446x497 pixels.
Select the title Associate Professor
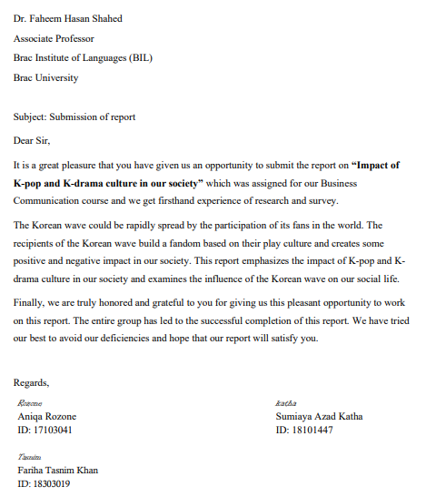(x=54, y=39)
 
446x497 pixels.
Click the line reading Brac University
(x=45, y=77)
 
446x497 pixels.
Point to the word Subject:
(x=33, y=117)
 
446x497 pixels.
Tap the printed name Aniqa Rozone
(x=47, y=416)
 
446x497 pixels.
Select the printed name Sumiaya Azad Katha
(x=319, y=416)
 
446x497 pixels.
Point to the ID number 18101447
(x=317, y=430)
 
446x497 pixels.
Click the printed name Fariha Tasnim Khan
(x=58, y=470)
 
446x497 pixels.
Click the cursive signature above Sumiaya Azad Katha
(x=285, y=402)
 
